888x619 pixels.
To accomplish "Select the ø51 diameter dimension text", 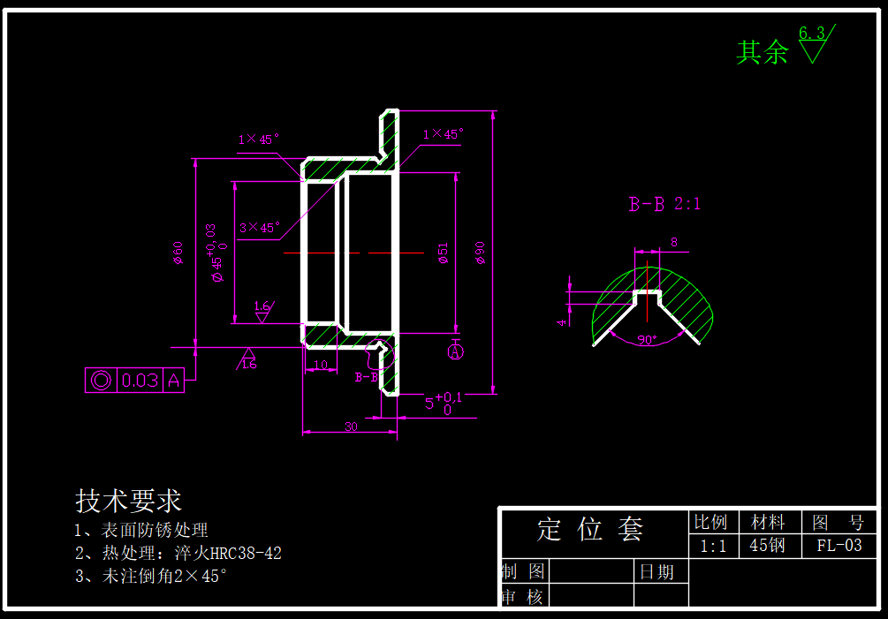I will (x=444, y=254).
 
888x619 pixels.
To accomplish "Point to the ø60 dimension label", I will (x=178, y=253).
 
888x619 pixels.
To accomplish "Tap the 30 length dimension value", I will (x=351, y=426).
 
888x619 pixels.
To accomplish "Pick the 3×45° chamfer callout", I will (x=258, y=228).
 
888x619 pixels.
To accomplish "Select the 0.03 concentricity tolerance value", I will (x=140, y=381).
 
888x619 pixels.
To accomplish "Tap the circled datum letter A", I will (x=456, y=352).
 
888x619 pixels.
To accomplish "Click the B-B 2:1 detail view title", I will (x=664, y=204).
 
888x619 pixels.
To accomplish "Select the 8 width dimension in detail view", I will (x=674, y=242).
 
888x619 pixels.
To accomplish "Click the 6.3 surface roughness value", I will (x=811, y=34).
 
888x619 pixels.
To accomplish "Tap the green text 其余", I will (x=762, y=53).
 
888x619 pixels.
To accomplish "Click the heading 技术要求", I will (x=129, y=502).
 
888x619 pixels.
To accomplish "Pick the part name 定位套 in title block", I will (x=590, y=530).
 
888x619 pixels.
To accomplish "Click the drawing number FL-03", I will (x=839, y=546).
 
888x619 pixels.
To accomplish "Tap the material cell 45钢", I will (x=767, y=546).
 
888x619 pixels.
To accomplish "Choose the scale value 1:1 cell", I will (x=713, y=546).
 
